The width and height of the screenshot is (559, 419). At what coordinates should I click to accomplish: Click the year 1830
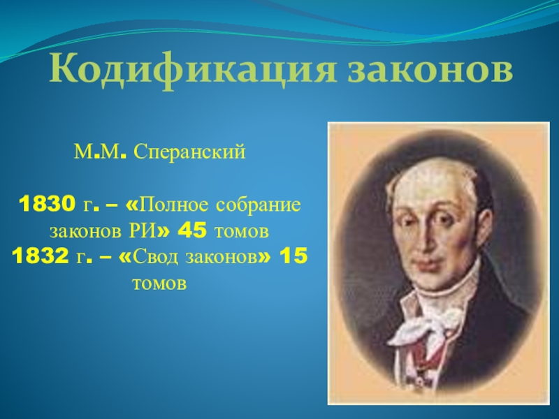(47, 205)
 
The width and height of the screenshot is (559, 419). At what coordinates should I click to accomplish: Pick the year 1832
(40, 256)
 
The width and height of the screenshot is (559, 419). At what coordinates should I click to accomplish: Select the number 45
(191, 231)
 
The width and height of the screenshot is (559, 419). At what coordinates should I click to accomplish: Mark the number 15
(293, 256)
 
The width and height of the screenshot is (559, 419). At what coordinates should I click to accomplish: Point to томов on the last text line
(159, 284)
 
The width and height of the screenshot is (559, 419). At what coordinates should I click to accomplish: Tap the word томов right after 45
(241, 232)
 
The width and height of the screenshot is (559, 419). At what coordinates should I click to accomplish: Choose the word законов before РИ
(85, 232)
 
